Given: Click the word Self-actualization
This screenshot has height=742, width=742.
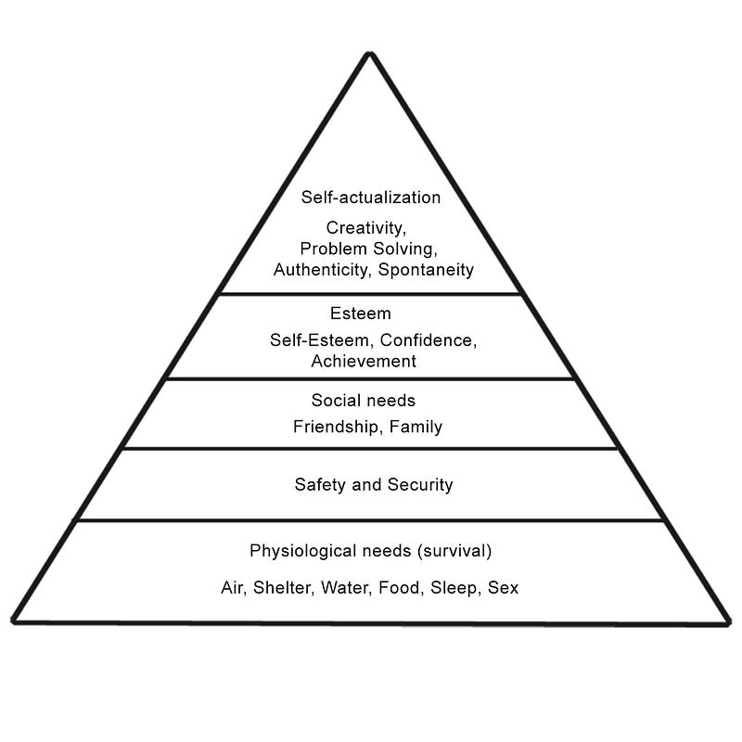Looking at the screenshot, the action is coord(370,198).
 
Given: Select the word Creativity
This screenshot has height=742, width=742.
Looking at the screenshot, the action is coord(365,228).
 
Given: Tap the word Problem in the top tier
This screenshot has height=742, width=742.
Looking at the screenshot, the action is coord(333,249).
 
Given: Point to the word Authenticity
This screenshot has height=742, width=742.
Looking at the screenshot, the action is coord(320,270).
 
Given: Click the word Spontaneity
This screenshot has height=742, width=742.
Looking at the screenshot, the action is coord(426,270).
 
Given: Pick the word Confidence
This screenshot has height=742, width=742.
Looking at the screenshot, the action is coord(429,340).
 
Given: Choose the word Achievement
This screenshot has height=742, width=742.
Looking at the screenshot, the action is coord(364,361).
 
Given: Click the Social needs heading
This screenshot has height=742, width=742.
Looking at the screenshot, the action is coord(363,401).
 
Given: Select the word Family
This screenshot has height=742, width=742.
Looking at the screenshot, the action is coord(416,427).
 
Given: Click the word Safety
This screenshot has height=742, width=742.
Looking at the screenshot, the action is coord(320,484).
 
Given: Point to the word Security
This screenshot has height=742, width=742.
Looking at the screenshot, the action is coord(420,484).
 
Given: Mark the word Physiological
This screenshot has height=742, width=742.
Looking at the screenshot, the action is coord(303,551).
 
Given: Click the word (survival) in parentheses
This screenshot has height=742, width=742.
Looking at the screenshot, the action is coord(454,551).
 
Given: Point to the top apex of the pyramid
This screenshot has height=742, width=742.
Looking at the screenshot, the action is coord(369,53).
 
